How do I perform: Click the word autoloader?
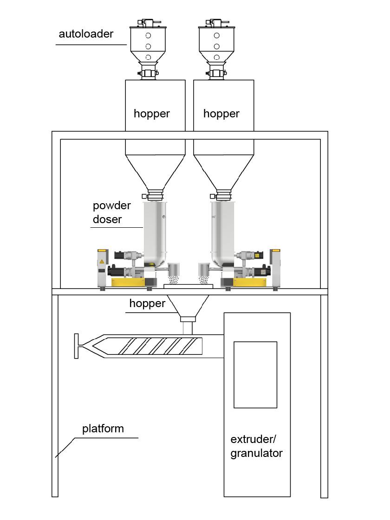(86, 34)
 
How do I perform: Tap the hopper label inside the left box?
(151, 114)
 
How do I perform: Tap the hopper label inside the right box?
(221, 114)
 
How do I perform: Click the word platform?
(103, 428)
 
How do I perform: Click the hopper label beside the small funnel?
(147, 303)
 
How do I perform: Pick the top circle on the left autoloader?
(148, 36)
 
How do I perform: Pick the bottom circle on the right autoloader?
(216, 57)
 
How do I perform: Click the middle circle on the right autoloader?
(216, 46)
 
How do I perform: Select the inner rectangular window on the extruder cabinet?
(255, 374)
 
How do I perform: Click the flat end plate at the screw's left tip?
(76, 346)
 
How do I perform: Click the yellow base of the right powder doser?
(251, 282)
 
